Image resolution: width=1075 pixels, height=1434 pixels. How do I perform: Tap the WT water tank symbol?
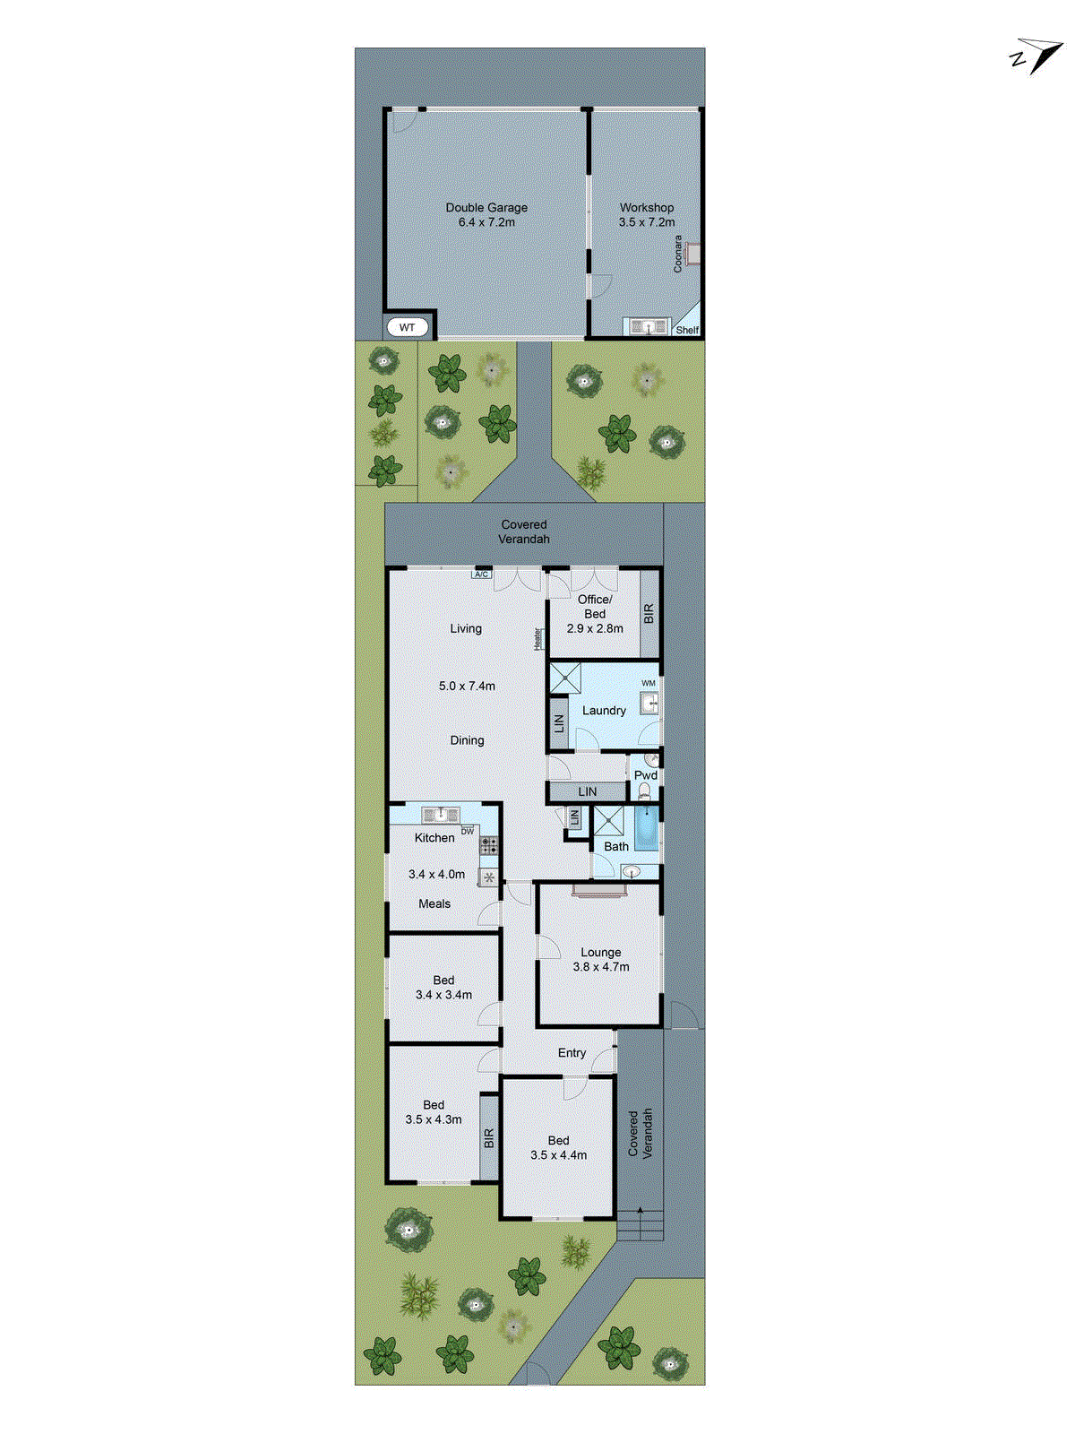(407, 327)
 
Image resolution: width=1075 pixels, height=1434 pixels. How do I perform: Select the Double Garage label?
(486, 207)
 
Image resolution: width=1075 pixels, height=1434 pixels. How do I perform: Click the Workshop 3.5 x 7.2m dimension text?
(646, 222)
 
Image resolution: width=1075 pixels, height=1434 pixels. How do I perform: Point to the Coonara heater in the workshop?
(691, 254)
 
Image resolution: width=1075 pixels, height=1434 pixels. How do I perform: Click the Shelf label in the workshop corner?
(687, 330)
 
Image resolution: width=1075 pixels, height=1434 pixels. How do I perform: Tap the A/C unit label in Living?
(481, 574)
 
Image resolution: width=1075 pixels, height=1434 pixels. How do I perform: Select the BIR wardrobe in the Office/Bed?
(649, 613)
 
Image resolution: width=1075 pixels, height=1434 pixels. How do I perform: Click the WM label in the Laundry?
(649, 683)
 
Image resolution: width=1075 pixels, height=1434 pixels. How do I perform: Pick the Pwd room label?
(645, 775)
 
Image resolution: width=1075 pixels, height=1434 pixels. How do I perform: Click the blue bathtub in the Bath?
(646, 829)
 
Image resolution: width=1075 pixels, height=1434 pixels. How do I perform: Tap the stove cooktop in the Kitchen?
(488, 843)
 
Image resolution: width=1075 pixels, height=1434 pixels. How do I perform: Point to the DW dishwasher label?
(467, 832)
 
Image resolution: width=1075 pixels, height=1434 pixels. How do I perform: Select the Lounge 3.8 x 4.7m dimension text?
(601, 967)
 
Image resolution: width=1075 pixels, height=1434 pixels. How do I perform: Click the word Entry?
(572, 1053)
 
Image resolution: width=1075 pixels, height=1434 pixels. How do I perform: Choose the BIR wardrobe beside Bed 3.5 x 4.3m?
(489, 1137)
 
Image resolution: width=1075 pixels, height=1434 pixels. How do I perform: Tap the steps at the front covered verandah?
(640, 1223)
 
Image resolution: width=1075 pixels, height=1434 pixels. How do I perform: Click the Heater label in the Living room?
(537, 638)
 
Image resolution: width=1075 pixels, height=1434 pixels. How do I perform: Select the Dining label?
(467, 740)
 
